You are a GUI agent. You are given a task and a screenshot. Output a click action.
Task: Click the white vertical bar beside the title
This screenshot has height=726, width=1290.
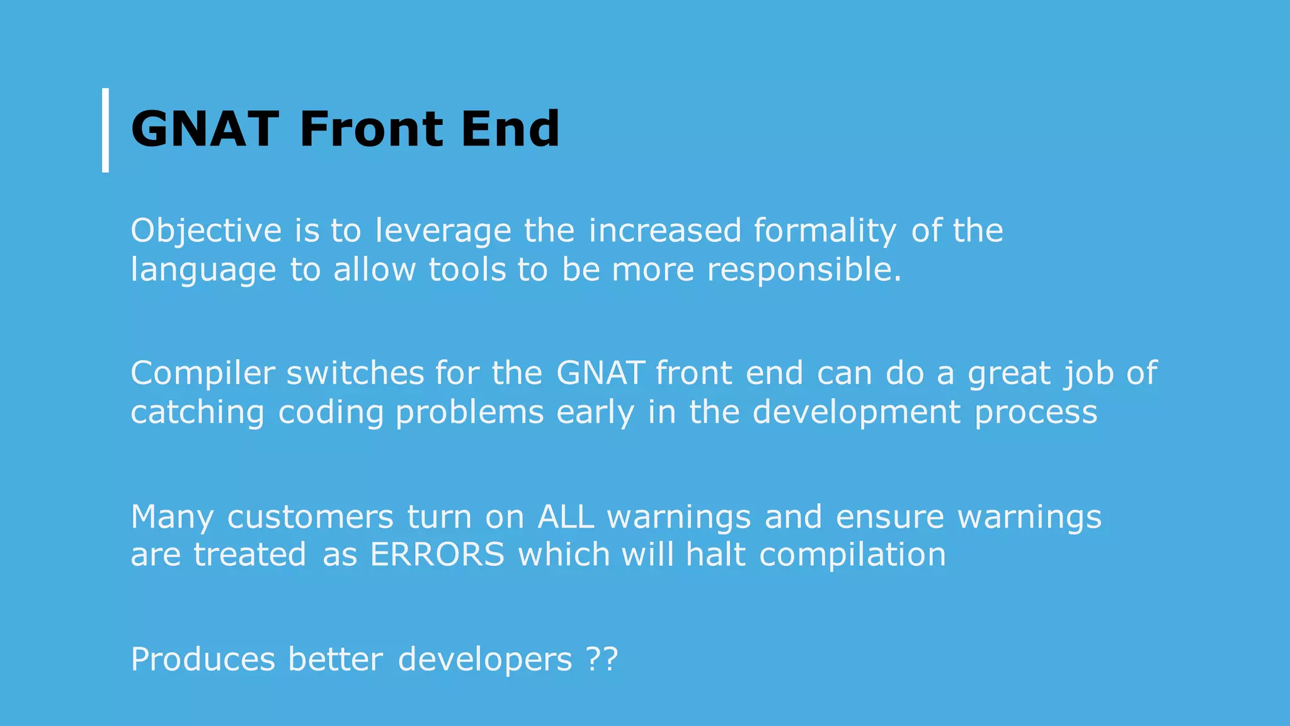pyautogui.click(x=105, y=130)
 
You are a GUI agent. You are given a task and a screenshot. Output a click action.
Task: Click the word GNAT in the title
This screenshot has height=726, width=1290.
pyautogui.click(x=205, y=130)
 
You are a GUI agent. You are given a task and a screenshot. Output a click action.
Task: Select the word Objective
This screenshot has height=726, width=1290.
pyautogui.click(x=206, y=231)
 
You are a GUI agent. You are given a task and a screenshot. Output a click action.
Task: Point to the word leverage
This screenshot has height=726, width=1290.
pyautogui.click(x=443, y=231)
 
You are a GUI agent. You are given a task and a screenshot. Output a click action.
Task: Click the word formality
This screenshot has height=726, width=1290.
pyautogui.click(x=825, y=231)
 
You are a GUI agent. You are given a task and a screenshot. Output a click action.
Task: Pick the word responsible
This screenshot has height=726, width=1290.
pyautogui.click(x=804, y=270)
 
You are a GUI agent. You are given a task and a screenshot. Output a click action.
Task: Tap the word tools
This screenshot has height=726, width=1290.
pyautogui.click(x=467, y=270)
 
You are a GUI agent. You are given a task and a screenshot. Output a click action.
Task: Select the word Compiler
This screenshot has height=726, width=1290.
pyautogui.click(x=203, y=373)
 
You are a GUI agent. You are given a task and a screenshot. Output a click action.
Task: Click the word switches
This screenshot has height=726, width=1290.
pyautogui.click(x=355, y=373)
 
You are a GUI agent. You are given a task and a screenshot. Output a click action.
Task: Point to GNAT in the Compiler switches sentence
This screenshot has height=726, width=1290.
pyautogui.click(x=600, y=373)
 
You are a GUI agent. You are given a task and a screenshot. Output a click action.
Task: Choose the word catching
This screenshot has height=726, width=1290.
pyautogui.click(x=197, y=413)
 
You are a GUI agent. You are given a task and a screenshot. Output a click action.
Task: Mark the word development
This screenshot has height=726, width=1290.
pyautogui.click(x=857, y=413)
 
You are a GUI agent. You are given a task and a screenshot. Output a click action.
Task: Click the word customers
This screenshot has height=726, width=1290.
pyautogui.click(x=310, y=517)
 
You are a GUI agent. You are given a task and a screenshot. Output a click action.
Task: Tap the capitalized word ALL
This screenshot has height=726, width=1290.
pyautogui.click(x=566, y=517)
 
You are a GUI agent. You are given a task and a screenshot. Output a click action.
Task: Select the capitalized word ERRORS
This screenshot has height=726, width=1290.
pyautogui.click(x=437, y=555)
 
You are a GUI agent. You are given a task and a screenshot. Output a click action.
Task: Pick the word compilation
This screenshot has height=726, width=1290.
pyautogui.click(x=852, y=555)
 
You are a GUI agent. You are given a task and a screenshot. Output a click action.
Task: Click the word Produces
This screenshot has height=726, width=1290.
pyautogui.click(x=203, y=660)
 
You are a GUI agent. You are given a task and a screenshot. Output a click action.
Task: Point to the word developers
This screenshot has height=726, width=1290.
pyautogui.click(x=485, y=660)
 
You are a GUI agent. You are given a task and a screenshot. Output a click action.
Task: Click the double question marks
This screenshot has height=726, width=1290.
pyautogui.click(x=602, y=660)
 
